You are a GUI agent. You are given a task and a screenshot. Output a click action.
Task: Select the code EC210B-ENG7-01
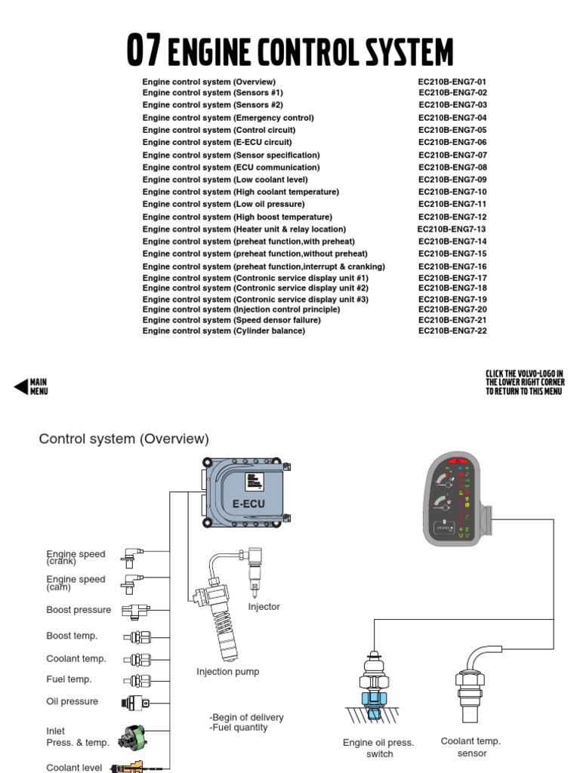(452, 82)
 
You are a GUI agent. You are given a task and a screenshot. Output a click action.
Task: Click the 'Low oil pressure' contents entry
(224, 205)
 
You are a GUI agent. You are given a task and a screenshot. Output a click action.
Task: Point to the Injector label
(264, 607)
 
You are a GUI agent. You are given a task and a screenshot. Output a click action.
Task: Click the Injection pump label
(227, 672)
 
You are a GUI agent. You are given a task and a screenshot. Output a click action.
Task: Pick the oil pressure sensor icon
(136, 703)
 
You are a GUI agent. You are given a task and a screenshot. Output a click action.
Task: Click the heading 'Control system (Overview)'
(124, 439)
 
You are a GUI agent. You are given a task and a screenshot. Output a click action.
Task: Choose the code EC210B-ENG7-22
(452, 331)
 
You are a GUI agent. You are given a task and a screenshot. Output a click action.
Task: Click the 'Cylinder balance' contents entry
(224, 331)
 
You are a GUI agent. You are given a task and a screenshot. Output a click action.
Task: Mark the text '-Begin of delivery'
(246, 717)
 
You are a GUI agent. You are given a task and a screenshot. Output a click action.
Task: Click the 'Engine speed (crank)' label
(76, 558)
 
